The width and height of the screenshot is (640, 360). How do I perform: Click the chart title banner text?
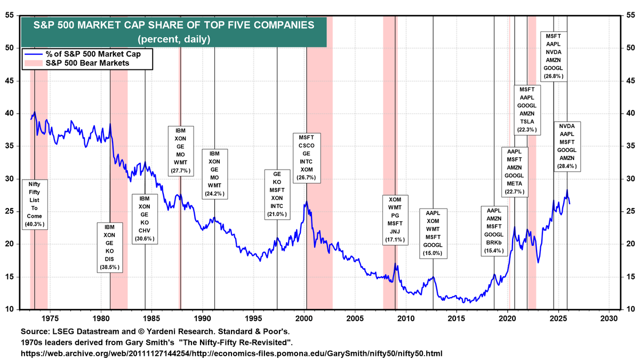(173, 25)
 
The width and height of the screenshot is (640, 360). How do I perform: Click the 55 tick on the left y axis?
(10, 15)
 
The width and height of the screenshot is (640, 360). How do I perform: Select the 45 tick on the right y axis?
(629, 81)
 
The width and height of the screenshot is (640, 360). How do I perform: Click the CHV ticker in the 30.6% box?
(145, 230)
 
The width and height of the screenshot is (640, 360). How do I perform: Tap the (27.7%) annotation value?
(181, 171)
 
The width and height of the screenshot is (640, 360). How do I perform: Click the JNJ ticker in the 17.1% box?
(395, 232)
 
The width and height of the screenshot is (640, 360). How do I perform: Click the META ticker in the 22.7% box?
(517, 183)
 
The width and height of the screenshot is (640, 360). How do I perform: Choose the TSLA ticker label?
(527, 121)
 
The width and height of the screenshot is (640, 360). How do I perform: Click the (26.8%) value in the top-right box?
(554, 76)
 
